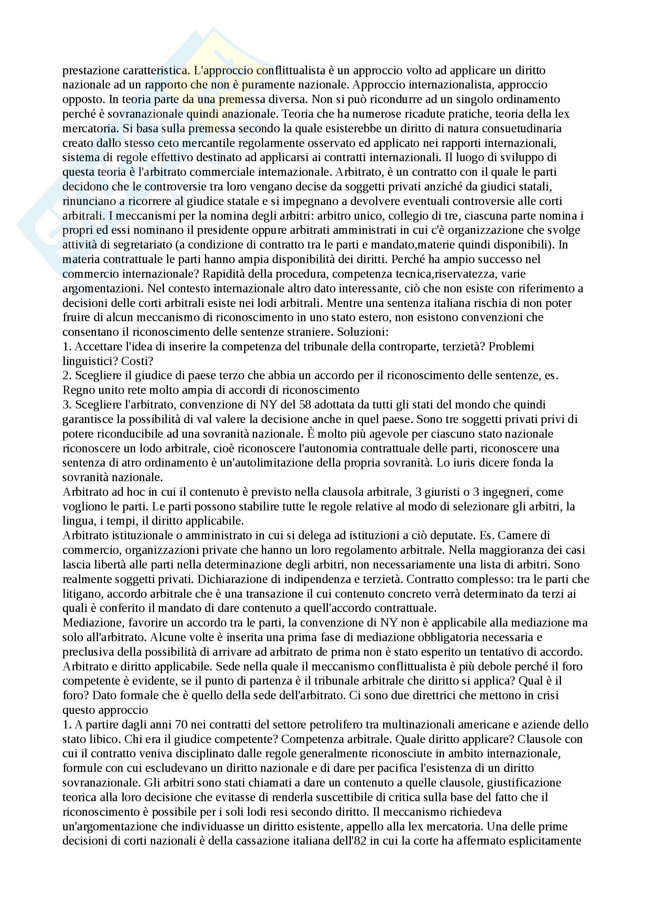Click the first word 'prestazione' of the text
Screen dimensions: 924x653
[85, 70]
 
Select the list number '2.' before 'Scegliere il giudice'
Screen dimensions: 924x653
[67, 375]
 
